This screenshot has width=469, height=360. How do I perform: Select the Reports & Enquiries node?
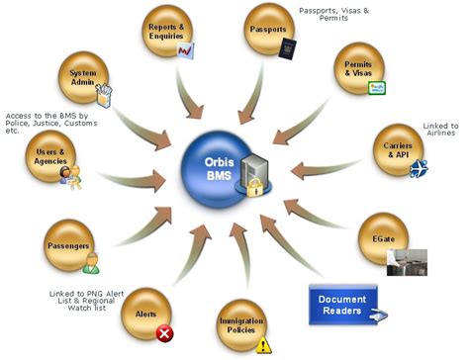tap(168, 33)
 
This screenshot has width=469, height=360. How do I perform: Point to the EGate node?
tap(383, 238)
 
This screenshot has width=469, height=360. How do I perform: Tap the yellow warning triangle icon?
tap(263, 345)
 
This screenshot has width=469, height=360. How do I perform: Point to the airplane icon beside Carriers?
tap(419, 167)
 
